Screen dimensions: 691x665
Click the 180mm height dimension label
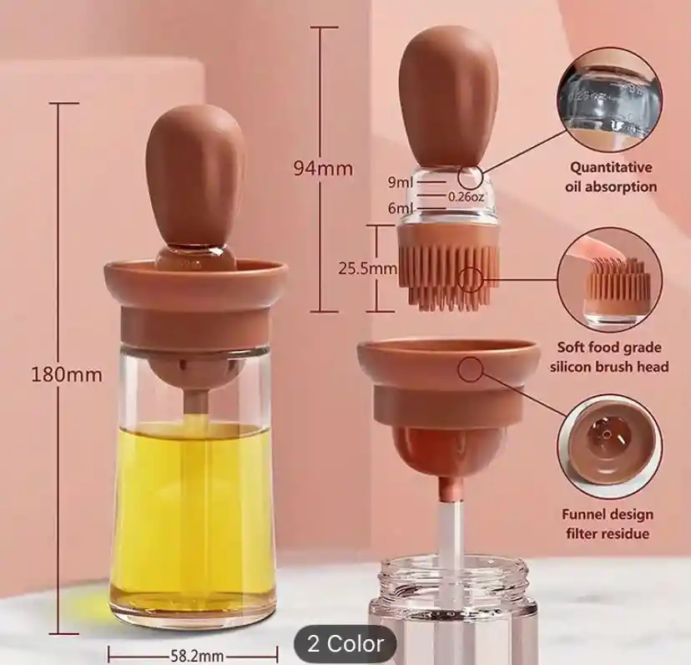tap(67, 375)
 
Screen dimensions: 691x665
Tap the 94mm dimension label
tap(323, 168)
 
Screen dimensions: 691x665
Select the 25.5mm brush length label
tap(367, 268)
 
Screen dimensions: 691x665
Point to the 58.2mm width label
tap(197, 656)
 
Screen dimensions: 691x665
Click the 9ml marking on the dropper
tap(401, 182)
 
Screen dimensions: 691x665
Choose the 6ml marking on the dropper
tap(401, 208)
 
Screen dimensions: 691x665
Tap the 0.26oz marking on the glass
tap(467, 196)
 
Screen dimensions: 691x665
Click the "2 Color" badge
tap(345, 644)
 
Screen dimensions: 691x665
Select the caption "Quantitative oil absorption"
tap(611, 177)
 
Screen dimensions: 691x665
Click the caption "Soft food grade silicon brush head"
tap(609, 357)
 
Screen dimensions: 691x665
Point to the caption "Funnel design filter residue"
tap(608, 524)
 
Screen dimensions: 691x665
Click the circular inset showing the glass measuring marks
tap(610, 104)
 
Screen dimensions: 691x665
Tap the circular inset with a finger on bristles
tap(610, 280)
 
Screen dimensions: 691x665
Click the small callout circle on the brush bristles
tap(471, 279)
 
